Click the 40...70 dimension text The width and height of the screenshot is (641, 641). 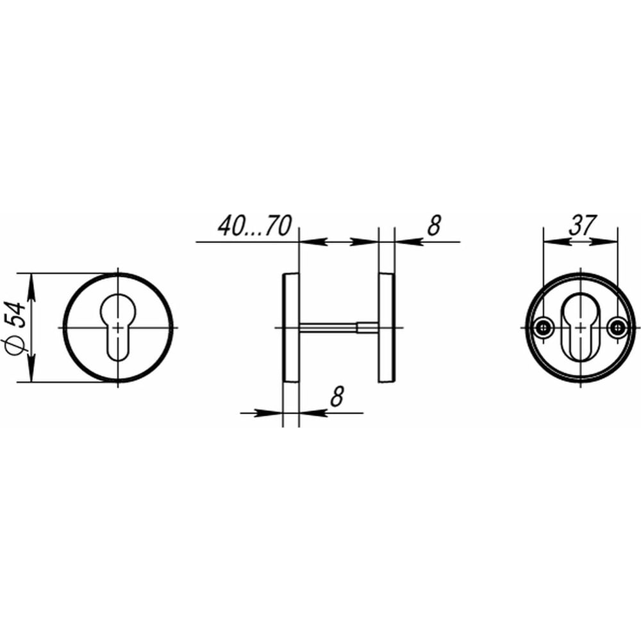pos(254,226)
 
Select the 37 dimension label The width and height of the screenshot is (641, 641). pos(583,225)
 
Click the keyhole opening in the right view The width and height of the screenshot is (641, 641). pos(580,328)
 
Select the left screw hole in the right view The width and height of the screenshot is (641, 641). pos(544,328)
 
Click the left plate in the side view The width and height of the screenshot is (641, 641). pos(290,328)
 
